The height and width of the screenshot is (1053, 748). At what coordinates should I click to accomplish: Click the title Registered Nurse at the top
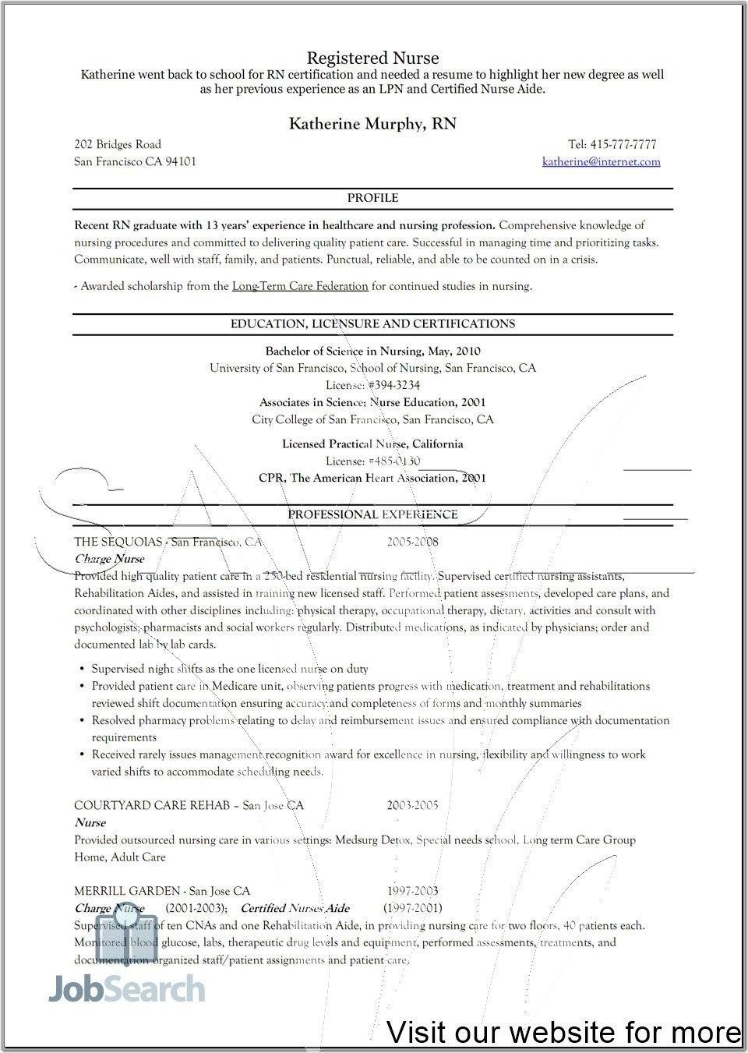(372, 58)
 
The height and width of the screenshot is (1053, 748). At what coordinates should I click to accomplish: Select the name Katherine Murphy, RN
(372, 123)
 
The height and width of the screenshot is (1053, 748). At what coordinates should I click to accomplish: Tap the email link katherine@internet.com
(601, 161)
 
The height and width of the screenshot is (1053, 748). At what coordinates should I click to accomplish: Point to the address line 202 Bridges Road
(118, 144)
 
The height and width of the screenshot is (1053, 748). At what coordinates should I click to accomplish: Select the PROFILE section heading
(372, 198)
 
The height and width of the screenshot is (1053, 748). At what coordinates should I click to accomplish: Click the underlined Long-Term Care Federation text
(300, 286)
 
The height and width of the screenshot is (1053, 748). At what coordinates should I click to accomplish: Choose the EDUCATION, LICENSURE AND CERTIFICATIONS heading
(372, 323)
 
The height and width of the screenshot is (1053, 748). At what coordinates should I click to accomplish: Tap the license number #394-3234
(394, 385)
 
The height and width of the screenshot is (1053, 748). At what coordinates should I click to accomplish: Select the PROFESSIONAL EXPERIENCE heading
(372, 514)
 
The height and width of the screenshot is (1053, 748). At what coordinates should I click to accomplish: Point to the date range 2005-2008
(412, 542)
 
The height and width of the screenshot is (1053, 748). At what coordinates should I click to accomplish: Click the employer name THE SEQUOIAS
(118, 542)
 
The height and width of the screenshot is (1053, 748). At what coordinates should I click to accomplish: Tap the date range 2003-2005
(412, 805)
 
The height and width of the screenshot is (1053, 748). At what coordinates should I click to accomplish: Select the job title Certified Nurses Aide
(295, 908)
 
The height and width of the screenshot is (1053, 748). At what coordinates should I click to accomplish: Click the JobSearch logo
(127, 988)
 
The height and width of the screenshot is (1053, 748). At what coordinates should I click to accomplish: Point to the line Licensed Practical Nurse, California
(372, 443)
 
